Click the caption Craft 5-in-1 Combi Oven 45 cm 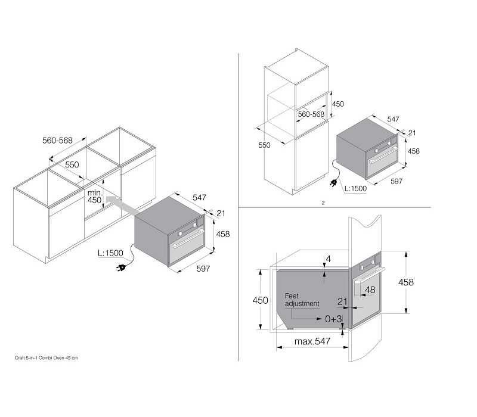tap(47, 358)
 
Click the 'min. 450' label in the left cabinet tap(95, 197)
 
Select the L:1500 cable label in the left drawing tap(110, 253)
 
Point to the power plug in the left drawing tap(121, 267)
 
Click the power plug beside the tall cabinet tap(334, 183)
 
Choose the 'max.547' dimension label tap(312, 341)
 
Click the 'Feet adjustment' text tap(302, 300)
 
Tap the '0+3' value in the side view tap(333, 319)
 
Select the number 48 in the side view tap(370, 290)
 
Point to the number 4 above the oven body tap(328, 259)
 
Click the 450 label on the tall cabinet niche tap(338, 104)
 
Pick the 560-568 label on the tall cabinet tap(311, 114)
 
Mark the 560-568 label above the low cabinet tap(57, 140)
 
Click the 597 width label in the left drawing tap(203, 269)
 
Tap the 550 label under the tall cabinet tap(264, 145)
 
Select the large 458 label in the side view tap(406, 282)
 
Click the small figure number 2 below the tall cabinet tap(323, 203)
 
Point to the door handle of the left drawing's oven tap(188, 239)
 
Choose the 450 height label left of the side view tap(260, 301)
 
